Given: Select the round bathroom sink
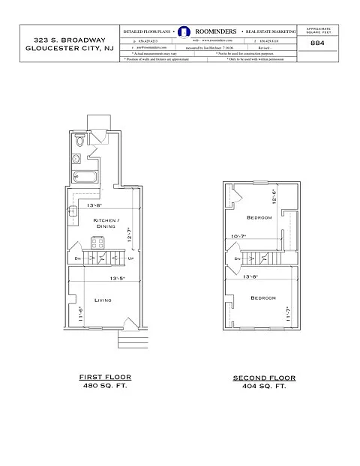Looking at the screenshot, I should tap(76, 159).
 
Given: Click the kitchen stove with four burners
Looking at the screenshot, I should tap(97, 242).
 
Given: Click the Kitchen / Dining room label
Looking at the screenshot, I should tap(104, 223).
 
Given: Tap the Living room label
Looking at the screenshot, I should tap(103, 300).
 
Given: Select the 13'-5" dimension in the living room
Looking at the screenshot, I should tap(115, 278).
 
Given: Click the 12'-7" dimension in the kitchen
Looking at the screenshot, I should tap(129, 235).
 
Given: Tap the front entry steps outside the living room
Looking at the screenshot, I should tap(130, 341).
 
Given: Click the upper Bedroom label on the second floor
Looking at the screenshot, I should tap(259, 217).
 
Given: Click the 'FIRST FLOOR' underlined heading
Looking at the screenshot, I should tap(105, 377).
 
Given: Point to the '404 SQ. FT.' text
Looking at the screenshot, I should tap(264, 387).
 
